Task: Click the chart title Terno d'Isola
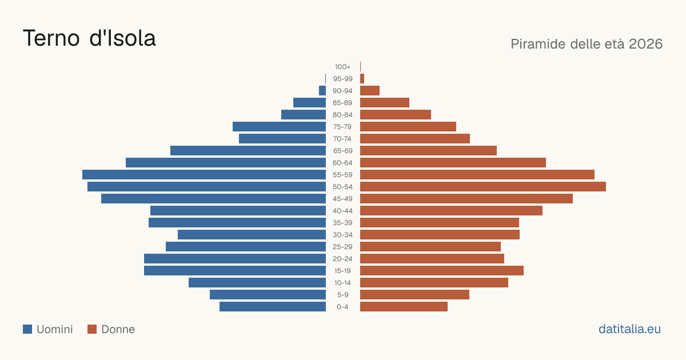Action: click(x=89, y=38)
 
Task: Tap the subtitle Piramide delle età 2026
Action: click(x=587, y=44)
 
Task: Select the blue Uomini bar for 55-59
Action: click(x=204, y=174)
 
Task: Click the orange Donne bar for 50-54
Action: click(x=483, y=186)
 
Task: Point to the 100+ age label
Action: click(x=342, y=67)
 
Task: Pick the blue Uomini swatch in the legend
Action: click(x=27, y=329)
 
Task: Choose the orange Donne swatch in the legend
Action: click(x=92, y=329)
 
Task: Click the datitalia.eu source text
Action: click(x=629, y=329)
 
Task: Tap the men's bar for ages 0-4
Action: click(x=273, y=306)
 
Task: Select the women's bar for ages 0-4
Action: click(x=404, y=306)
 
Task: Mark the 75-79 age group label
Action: click(x=342, y=127)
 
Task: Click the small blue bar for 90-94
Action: click(x=322, y=91)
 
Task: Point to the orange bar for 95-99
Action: click(x=362, y=79)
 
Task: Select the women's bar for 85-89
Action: click(x=385, y=102)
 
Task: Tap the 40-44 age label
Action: click(x=342, y=211)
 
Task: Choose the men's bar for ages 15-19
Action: click(x=235, y=271)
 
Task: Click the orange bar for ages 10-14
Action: click(x=434, y=282)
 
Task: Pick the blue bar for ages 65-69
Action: click(x=248, y=151)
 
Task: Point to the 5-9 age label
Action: click(x=342, y=294)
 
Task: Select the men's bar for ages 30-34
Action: click(x=252, y=234)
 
